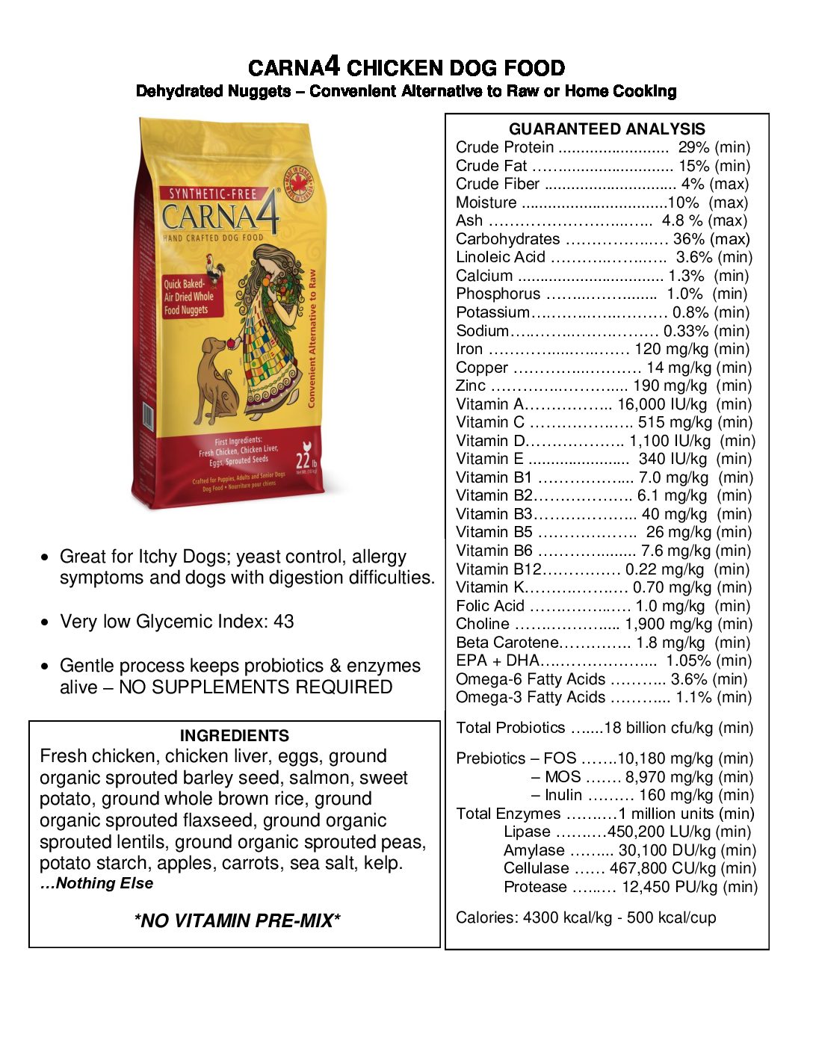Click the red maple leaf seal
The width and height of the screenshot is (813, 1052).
click(300, 183)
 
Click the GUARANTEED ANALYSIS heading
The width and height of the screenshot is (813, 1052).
click(607, 129)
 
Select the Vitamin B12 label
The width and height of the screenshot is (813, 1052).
click(498, 569)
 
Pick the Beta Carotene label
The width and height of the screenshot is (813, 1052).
click(507, 643)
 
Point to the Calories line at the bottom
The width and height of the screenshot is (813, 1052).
click(586, 918)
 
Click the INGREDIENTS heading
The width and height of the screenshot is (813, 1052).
click(235, 735)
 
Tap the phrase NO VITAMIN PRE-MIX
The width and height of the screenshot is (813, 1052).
click(237, 920)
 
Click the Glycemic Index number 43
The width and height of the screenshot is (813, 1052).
click(283, 622)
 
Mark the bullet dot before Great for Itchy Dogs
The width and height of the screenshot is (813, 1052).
click(46, 557)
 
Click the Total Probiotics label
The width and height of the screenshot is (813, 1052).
click(510, 728)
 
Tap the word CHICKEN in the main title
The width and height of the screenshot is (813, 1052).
click(396, 69)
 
